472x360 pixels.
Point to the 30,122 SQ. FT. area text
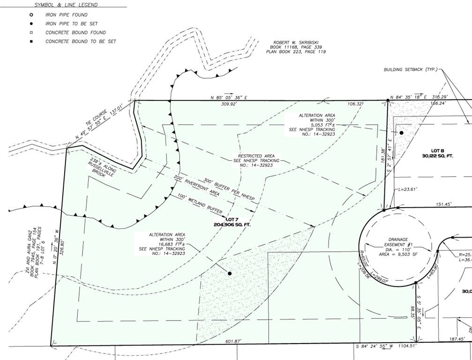(437, 155)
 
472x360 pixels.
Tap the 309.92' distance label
(228, 104)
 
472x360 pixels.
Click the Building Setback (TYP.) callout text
(410, 69)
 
